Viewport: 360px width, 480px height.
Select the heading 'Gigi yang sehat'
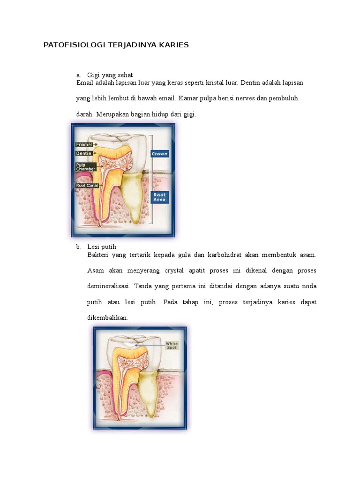[x=110, y=75]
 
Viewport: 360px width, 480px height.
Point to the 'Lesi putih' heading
[x=102, y=247]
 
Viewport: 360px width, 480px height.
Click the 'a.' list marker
[x=78, y=75]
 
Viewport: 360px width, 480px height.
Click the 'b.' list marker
[x=78, y=247]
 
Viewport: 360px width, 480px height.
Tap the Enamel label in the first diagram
[x=84, y=145]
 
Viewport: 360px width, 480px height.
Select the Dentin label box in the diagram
[x=83, y=153]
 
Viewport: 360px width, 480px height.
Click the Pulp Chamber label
[x=86, y=167]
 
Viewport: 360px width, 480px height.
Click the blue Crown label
[x=159, y=154]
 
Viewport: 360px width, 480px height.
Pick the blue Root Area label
[x=159, y=197]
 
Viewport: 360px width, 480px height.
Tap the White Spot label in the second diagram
[x=172, y=345]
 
